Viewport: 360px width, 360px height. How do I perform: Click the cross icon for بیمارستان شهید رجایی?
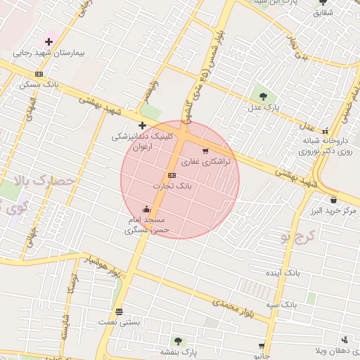(x=49, y=42)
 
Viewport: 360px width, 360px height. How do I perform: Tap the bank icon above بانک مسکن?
(x=39, y=74)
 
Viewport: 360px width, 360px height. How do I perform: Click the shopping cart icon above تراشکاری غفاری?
(x=205, y=151)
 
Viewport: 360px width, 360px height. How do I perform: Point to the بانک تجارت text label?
(x=172, y=186)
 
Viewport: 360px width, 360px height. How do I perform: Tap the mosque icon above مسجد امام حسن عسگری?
(x=146, y=209)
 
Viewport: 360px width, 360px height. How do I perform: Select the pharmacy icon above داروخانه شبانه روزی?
(x=325, y=131)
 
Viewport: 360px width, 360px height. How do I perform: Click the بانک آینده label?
(x=283, y=271)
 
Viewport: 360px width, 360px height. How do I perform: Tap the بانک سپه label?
(x=281, y=304)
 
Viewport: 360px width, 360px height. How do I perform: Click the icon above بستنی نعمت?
(x=119, y=311)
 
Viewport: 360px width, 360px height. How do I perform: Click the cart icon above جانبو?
(x=262, y=346)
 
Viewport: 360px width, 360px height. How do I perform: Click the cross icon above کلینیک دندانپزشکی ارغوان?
(x=142, y=124)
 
